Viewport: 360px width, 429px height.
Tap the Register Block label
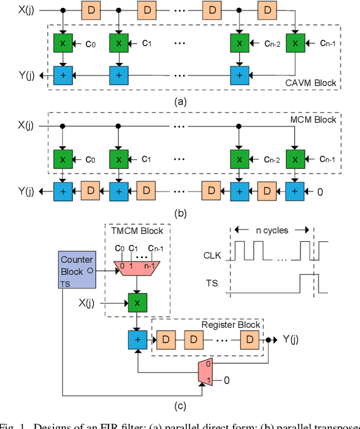231,324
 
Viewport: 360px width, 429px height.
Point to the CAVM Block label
310,83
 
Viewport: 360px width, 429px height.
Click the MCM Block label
313,119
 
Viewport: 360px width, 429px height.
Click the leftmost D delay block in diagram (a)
91,10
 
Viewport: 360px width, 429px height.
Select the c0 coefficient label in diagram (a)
91,41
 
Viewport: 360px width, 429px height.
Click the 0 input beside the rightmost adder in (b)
321,192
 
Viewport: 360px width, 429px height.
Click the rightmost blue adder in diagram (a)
239,74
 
